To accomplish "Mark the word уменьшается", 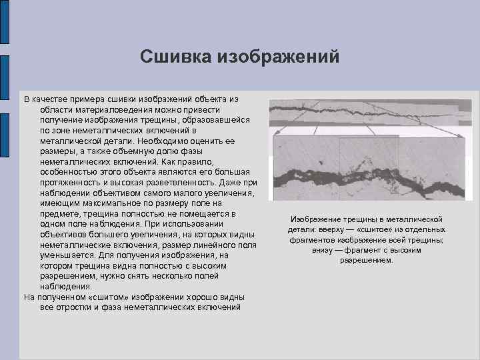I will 67,255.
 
